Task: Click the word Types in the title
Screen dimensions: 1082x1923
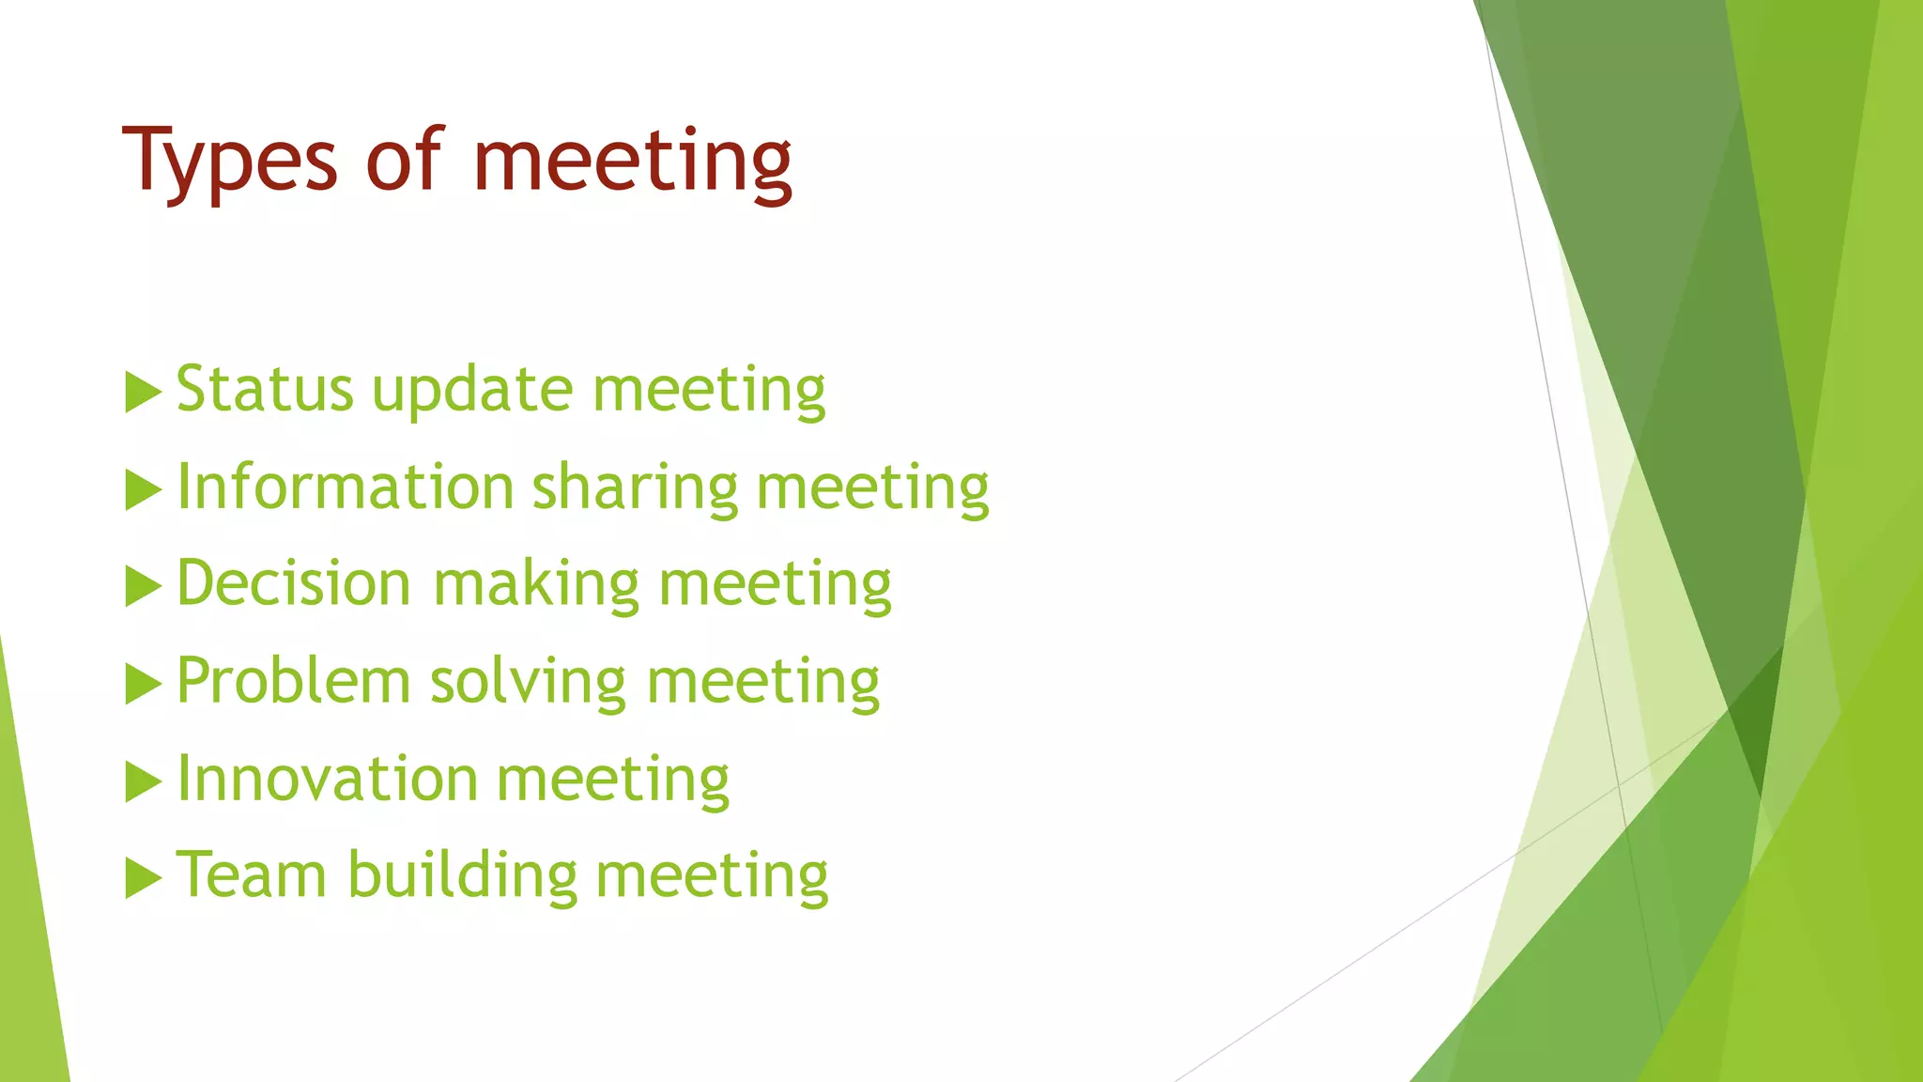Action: [x=229, y=162]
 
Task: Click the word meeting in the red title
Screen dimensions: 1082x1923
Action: [x=633, y=162]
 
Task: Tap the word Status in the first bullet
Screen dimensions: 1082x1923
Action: [x=264, y=389]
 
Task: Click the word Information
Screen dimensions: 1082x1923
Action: [x=345, y=487]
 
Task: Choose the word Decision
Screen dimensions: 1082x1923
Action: [x=294, y=583]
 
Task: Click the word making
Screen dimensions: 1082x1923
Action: [x=536, y=585]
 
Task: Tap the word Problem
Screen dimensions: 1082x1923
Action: [x=294, y=681]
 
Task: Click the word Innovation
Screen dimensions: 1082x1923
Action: [x=328, y=779]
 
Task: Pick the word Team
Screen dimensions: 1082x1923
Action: [x=252, y=875]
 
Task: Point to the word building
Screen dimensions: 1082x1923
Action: [x=463, y=877]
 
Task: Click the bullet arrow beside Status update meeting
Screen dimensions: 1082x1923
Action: [x=143, y=393]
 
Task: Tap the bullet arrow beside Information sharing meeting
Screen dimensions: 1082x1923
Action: [x=143, y=490]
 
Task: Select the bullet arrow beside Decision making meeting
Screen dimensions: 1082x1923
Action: [x=143, y=587]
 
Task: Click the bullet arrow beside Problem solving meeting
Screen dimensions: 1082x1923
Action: [x=143, y=684]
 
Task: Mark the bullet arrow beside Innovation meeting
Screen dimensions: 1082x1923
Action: [x=143, y=781]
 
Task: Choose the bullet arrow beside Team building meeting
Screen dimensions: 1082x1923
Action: [x=143, y=878]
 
